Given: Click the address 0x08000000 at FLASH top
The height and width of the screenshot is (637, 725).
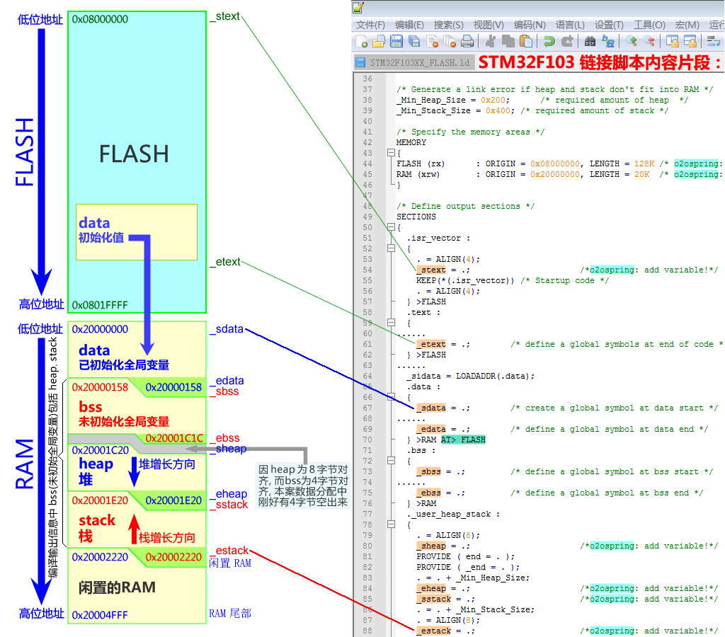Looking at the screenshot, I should pyautogui.click(x=100, y=19).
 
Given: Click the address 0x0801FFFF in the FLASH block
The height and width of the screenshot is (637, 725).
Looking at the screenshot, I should pyautogui.click(x=100, y=304).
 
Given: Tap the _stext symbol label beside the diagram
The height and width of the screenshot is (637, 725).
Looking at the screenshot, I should pyautogui.click(x=224, y=15).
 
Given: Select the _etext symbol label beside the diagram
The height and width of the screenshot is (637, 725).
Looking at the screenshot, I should pyautogui.click(x=224, y=262).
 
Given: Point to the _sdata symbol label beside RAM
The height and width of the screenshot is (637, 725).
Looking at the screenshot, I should pyautogui.click(x=227, y=329).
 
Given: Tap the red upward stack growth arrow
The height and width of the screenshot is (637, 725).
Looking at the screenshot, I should pyautogui.click(x=132, y=529).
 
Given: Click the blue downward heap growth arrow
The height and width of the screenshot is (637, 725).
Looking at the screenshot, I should pyautogui.click(x=133, y=472).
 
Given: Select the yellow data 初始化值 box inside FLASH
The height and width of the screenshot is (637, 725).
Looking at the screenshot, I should pyautogui.click(x=136, y=231).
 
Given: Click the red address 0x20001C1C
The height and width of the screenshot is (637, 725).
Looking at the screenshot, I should pyautogui.click(x=174, y=438).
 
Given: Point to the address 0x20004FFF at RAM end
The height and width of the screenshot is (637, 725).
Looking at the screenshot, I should pyautogui.click(x=100, y=614).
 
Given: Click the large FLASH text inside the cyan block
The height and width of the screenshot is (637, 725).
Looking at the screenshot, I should pyautogui.click(x=134, y=154).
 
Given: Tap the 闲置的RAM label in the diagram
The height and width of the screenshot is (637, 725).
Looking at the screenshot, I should pyautogui.click(x=117, y=587).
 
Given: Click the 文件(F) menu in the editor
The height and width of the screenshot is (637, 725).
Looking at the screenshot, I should pyautogui.click(x=370, y=25).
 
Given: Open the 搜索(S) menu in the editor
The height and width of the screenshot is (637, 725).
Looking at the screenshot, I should pyautogui.click(x=448, y=25).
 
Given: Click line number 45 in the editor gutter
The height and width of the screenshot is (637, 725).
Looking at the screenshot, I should pyautogui.click(x=367, y=174).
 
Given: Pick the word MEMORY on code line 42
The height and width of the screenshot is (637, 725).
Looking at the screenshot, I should pyautogui.click(x=411, y=142).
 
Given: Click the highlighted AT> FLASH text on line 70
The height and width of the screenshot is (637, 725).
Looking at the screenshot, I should pyautogui.click(x=463, y=440).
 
